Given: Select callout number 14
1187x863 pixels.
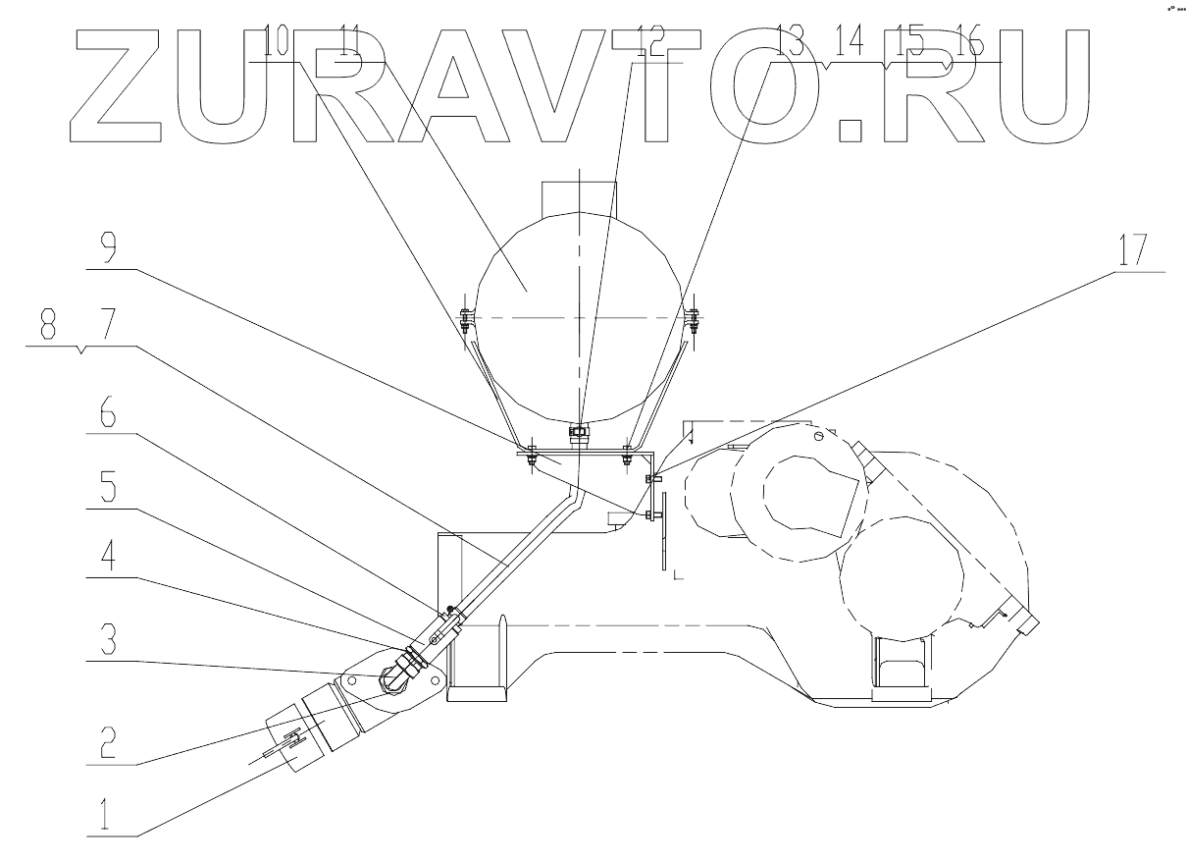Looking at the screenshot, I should (x=850, y=42).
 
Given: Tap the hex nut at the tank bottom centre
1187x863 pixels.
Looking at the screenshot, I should (x=579, y=430).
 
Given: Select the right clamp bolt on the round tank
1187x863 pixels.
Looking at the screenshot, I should (x=694, y=317).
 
